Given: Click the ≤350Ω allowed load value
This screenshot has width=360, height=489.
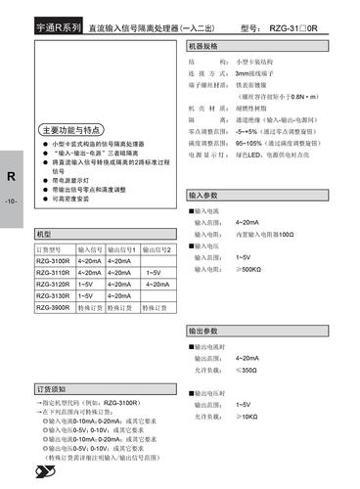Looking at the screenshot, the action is (x=248, y=371).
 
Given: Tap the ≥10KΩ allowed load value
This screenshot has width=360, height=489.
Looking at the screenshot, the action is (x=247, y=416).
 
